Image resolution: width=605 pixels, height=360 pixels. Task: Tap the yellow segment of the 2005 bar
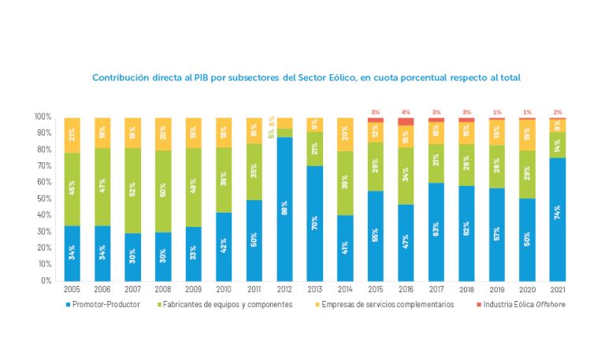click(x=72, y=135)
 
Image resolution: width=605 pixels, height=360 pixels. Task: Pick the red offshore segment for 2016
click(x=406, y=121)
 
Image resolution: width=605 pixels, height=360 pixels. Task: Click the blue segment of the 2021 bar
click(x=558, y=219)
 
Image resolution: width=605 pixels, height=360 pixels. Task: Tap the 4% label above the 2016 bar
click(x=406, y=113)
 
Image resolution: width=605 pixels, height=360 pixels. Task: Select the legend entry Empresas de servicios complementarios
click(x=387, y=304)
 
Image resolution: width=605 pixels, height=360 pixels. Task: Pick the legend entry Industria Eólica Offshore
click(x=520, y=304)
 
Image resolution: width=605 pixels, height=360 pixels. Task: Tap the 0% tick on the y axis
click(x=46, y=280)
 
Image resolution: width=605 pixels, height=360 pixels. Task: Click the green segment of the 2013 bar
click(x=315, y=148)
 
